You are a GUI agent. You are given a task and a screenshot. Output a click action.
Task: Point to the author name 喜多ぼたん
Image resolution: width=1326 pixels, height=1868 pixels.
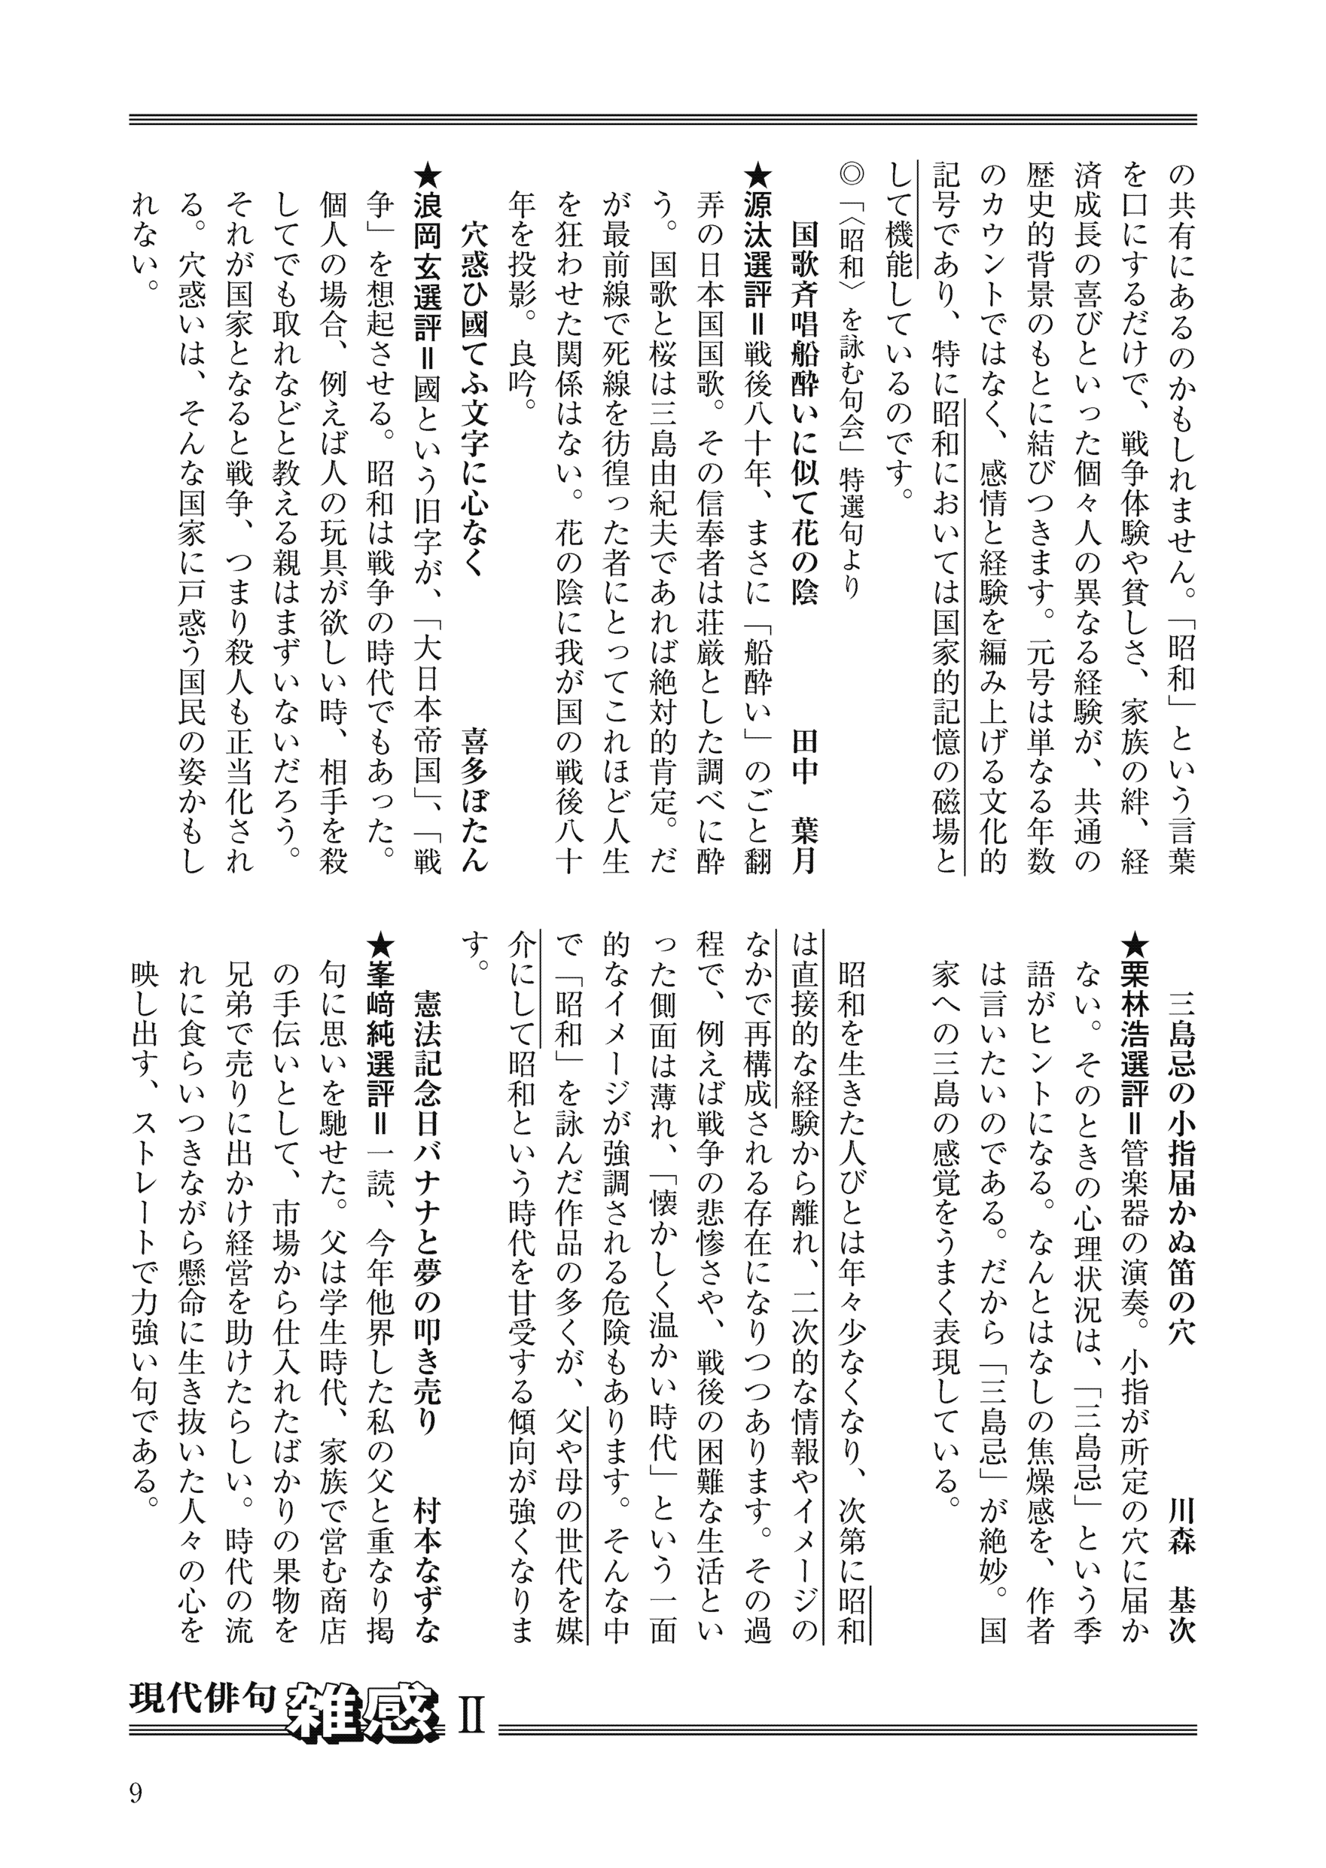coord(474,800)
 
